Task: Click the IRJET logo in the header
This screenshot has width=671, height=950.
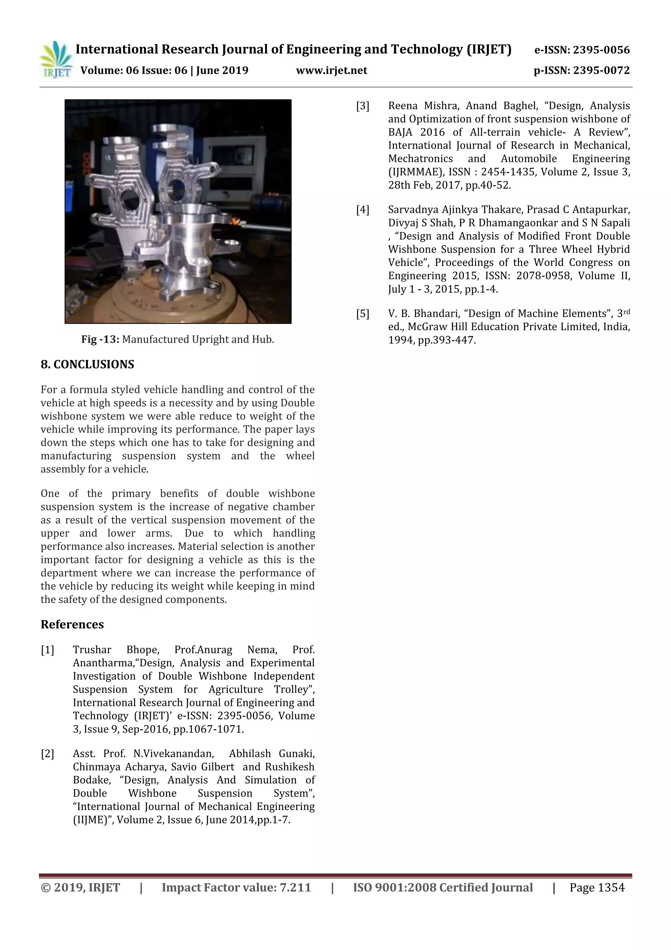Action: [x=55, y=60]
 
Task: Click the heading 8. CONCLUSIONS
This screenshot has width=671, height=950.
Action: [x=87, y=365]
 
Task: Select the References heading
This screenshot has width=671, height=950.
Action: [x=72, y=624]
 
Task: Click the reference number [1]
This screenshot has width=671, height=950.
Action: [x=47, y=650]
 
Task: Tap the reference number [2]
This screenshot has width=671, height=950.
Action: [x=47, y=754]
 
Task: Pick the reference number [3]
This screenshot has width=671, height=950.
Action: [x=363, y=106]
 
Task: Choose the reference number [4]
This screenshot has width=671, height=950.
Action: [x=363, y=210]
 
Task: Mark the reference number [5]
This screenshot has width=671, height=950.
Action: [x=363, y=313]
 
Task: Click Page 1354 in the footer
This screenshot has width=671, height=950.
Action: [x=597, y=887]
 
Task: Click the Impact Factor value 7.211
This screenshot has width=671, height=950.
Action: [x=295, y=887]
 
